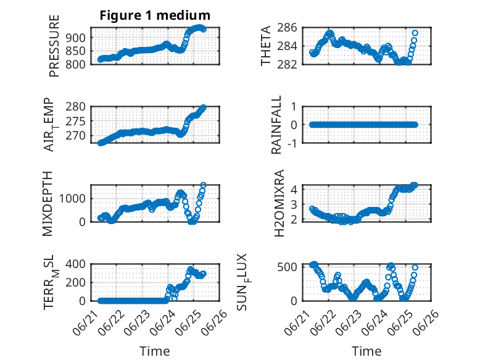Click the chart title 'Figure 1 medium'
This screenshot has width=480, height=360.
pyautogui.click(x=155, y=15)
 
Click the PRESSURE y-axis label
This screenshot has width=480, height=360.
pyautogui.click(x=54, y=46)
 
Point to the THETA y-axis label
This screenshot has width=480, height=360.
pyautogui.click(x=266, y=46)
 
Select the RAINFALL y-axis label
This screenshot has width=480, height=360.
pyautogui.click(x=276, y=125)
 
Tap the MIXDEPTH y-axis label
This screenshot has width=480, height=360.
pyautogui.click(x=48, y=204)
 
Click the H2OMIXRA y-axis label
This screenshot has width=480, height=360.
pyautogui.click(x=279, y=203)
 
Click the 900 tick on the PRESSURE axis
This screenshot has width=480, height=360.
pyautogui.click(x=75, y=38)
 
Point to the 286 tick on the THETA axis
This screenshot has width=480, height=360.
pyautogui.click(x=287, y=28)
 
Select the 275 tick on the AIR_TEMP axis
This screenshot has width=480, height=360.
pyautogui.click(x=75, y=121)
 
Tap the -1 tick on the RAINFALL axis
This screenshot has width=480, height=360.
pyautogui.click(x=292, y=143)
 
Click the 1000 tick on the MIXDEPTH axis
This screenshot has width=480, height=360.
pyautogui.click(x=72, y=199)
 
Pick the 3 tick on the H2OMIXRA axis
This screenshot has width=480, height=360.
pyautogui.click(x=294, y=204)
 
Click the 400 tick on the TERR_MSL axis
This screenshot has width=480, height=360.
pyautogui.click(x=75, y=264)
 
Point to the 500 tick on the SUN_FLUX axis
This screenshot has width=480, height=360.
pyautogui.click(x=287, y=267)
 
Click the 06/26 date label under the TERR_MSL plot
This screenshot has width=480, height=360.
pyautogui.click(x=215, y=319)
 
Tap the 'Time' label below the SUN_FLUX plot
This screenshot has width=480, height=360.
pyautogui.click(x=366, y=351)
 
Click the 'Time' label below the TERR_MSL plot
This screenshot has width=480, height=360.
pyautogui.click(x=155, y=351)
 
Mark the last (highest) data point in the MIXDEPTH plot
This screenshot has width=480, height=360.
pyautogui.click(x=203, y=185)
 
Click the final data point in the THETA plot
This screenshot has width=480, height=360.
pyautogui.click(x=415, y=33)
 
